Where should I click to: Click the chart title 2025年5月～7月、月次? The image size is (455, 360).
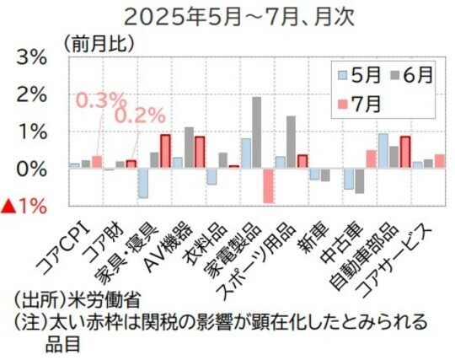pyautogui.click(x=227, y=16)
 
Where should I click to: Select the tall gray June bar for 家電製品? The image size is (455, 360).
pyautogui.click(x=256, y=132)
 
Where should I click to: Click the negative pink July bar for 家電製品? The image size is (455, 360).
pyautogui.click(x=268, y=185)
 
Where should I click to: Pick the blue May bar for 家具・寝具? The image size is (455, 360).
pyautogui.click(x=143, y=182)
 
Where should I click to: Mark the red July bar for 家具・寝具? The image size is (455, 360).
pyautogui.click(x=165, y=152)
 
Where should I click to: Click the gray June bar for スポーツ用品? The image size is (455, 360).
pyautogui.click(x=291, y=142)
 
